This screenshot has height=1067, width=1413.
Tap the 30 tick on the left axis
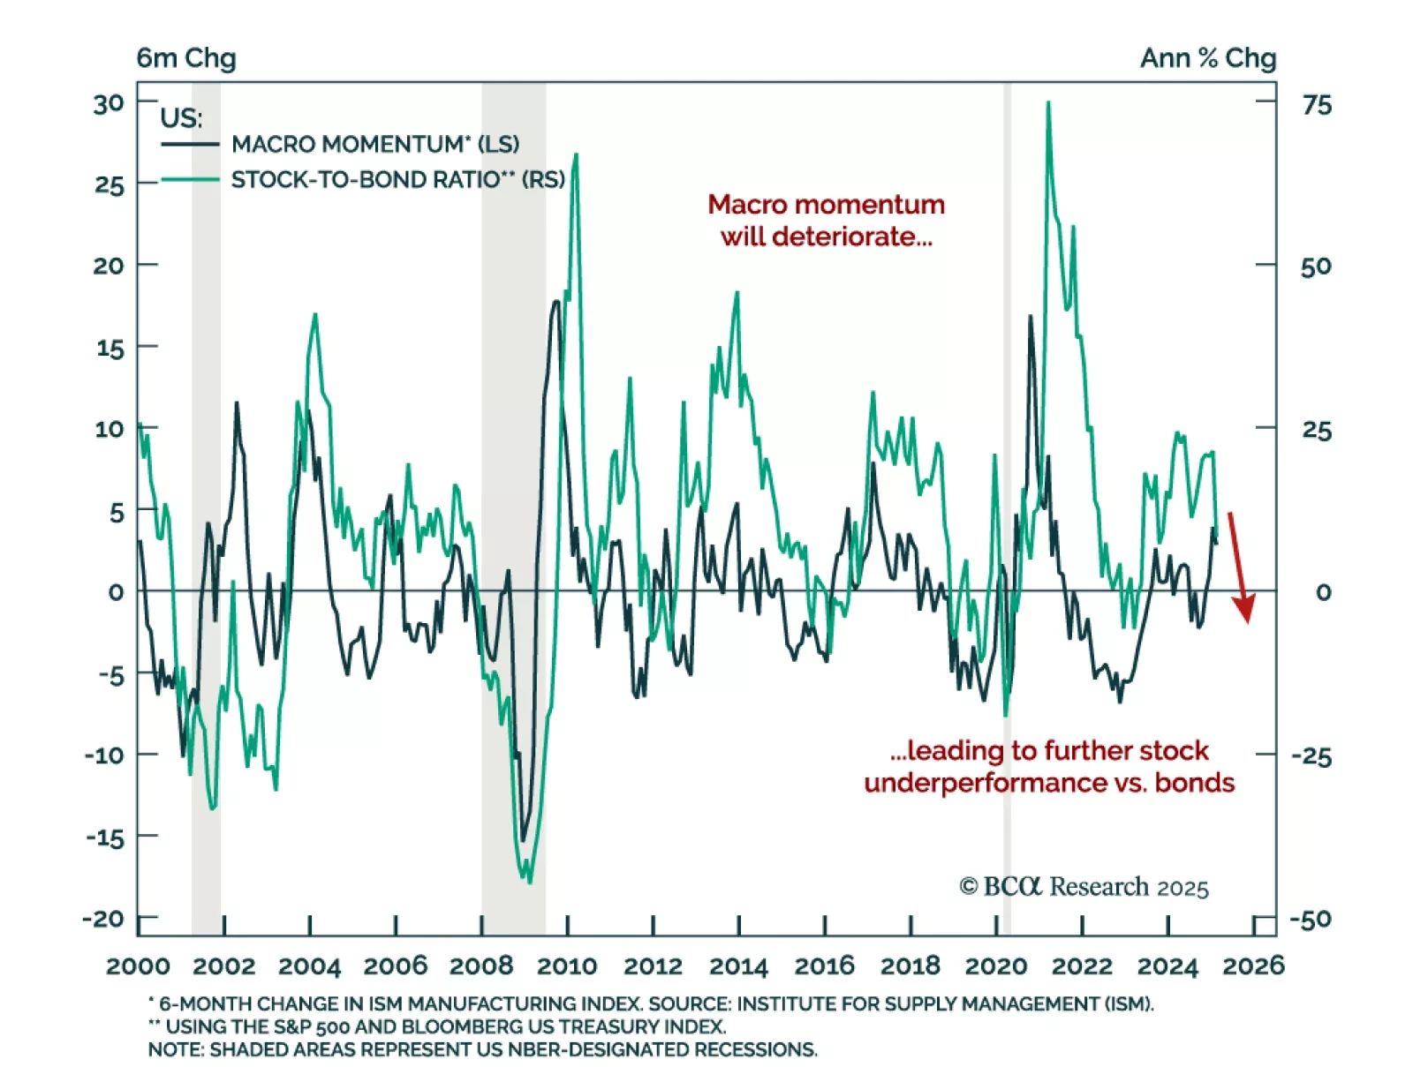click(109, 104)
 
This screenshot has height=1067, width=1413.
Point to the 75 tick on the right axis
click(1316, 105)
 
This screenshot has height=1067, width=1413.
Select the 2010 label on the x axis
click(567, 966)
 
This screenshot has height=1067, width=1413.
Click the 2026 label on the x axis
click(1252, 966)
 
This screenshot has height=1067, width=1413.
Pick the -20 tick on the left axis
click(103, 919)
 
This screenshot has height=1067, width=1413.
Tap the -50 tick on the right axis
click(1311, 920)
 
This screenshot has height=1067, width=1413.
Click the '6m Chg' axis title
click(185, 58)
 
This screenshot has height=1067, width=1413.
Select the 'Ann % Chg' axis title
click(1207, 58)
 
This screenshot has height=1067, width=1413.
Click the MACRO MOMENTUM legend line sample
click(189, 144)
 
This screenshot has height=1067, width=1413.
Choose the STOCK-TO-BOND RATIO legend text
click(397, 180)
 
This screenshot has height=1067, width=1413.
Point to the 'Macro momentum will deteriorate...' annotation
click(826, 221)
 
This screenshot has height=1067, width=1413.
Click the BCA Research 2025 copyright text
click(1084, 886)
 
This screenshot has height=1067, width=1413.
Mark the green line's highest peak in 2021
click(1048, 103)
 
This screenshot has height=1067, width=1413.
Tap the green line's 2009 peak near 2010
click(576, 155)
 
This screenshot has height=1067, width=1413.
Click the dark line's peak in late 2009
click(555, 302)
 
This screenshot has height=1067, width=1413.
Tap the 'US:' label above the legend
click(181, 117)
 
